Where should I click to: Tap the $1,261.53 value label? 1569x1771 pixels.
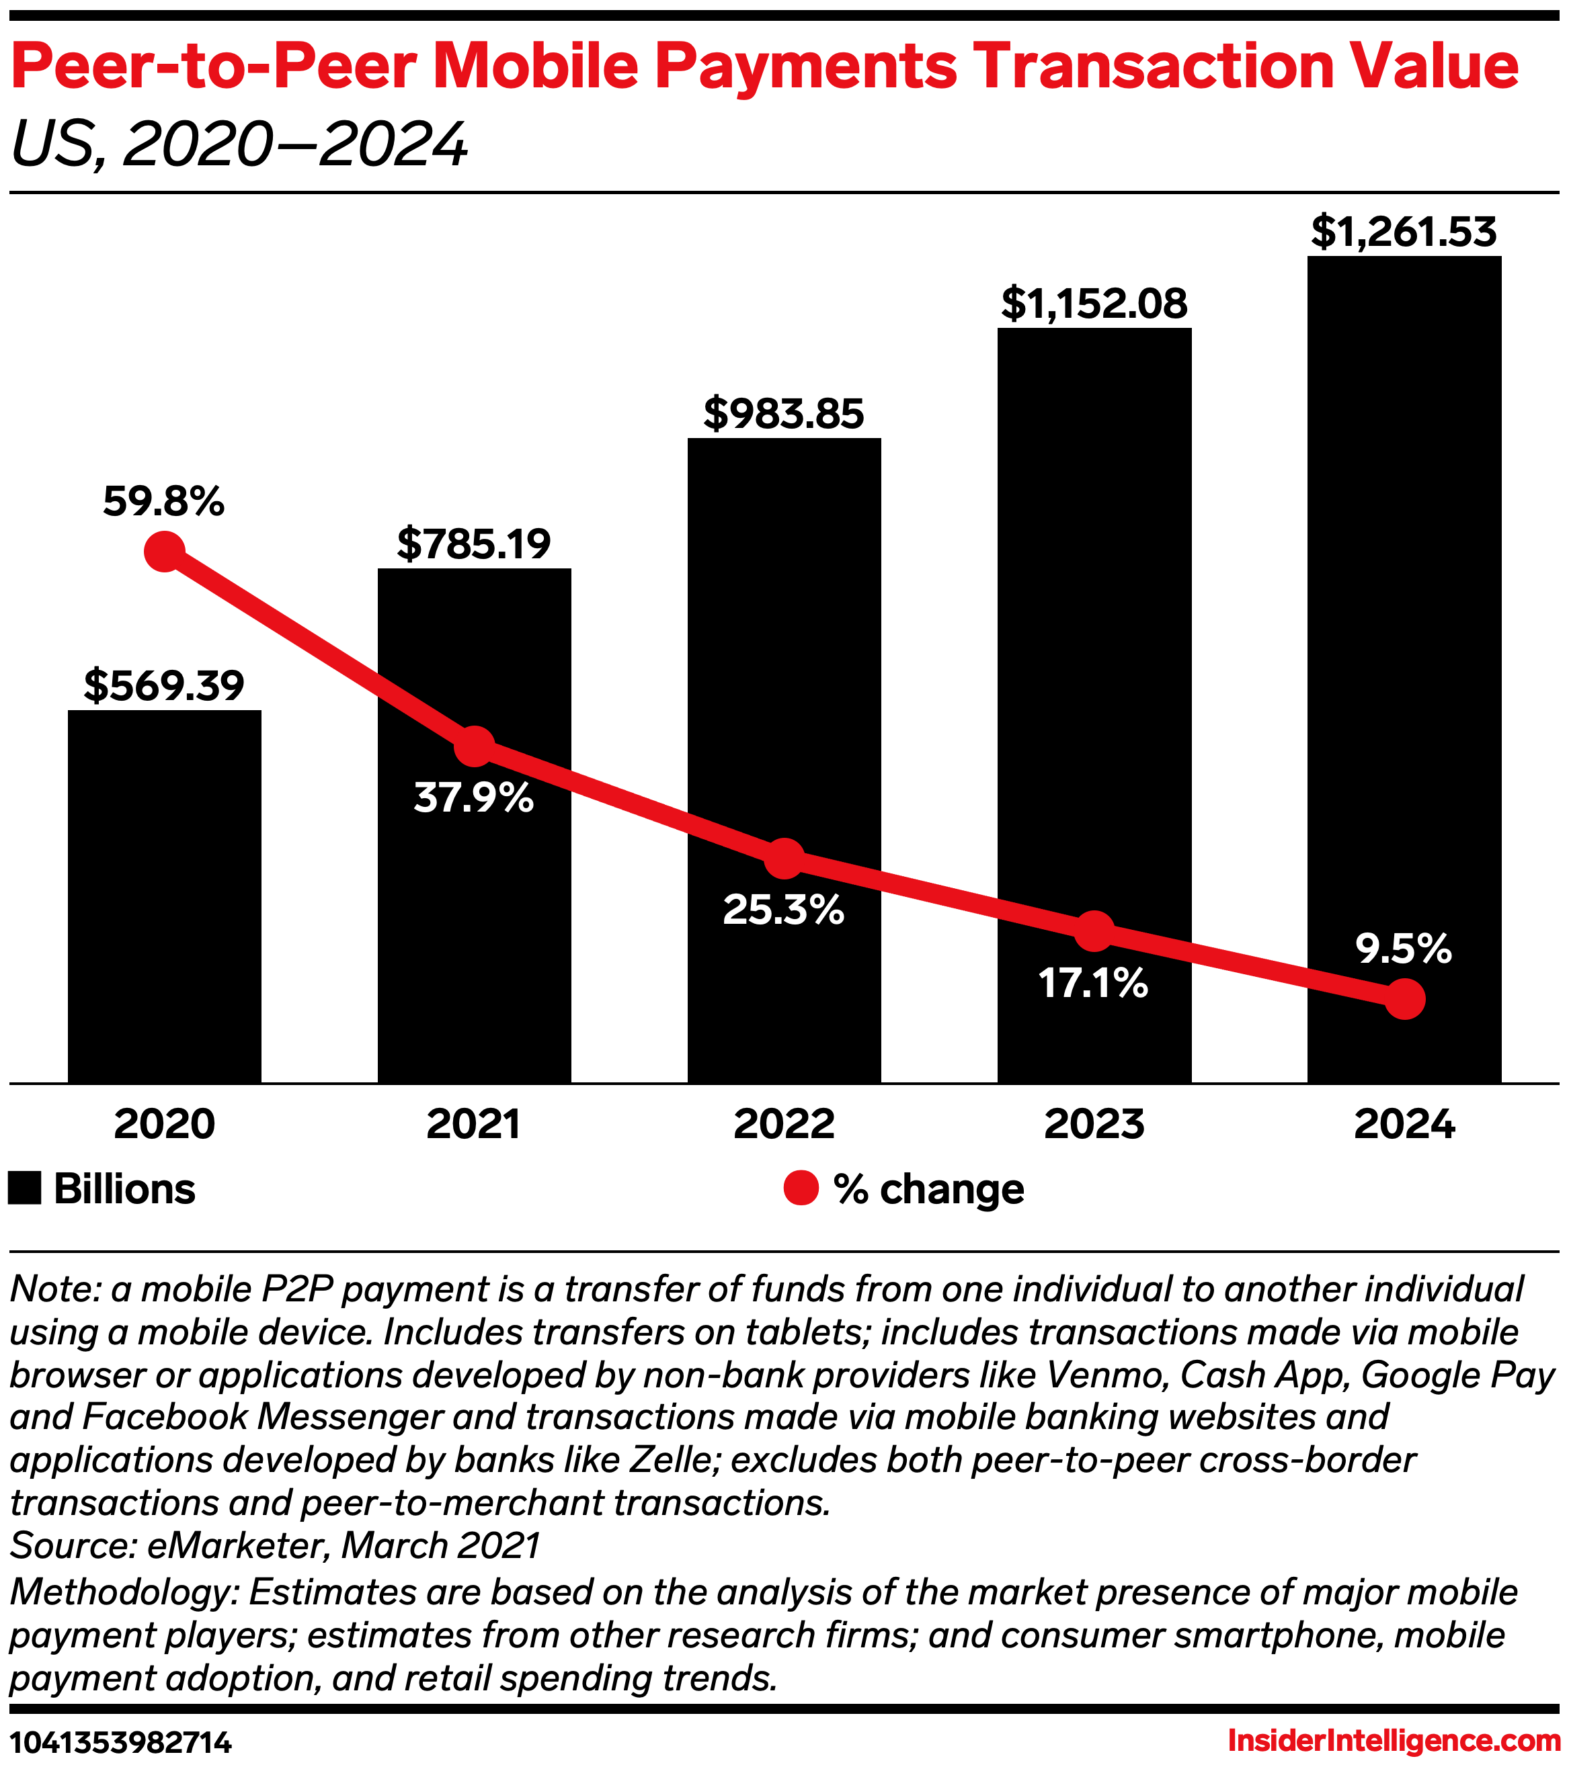point(1404,232)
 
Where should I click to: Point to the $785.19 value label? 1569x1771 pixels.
point(473,544)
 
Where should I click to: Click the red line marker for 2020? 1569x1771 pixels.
point(164,551)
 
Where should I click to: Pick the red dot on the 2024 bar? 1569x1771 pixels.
point(1404,999)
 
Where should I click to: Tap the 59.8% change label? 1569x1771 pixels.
point(164,502)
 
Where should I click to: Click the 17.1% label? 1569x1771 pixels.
point(1093,984)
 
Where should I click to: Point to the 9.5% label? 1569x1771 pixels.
point(1404,949)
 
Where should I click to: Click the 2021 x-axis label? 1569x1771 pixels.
point(473,1125)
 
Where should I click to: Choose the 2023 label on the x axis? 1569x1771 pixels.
point(1094,1125)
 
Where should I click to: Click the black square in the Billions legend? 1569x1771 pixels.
point(24,1189)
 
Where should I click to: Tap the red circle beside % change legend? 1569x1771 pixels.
point(801,1189)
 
